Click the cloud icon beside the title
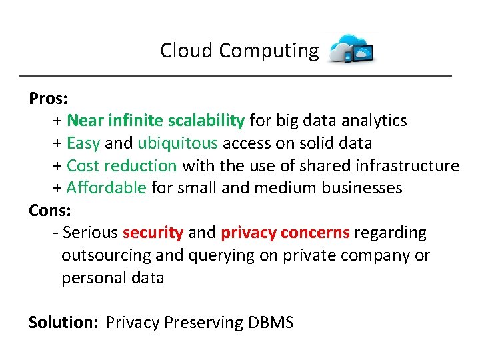pyautogui.click(x=352, y=49)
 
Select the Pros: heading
pyautogui.click(x=48, y=99)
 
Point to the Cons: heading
pyautogui.click(x=49, y=211)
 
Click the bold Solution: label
pyautogui.click(x=63, y=323)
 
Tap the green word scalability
pyautogui.click(x=206, y=121)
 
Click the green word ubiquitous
pyautogui.click(x=177, y=143)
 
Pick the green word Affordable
pyautogui.click(x=106, y=188)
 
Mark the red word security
pyautogui.click(x=153, y=233)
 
